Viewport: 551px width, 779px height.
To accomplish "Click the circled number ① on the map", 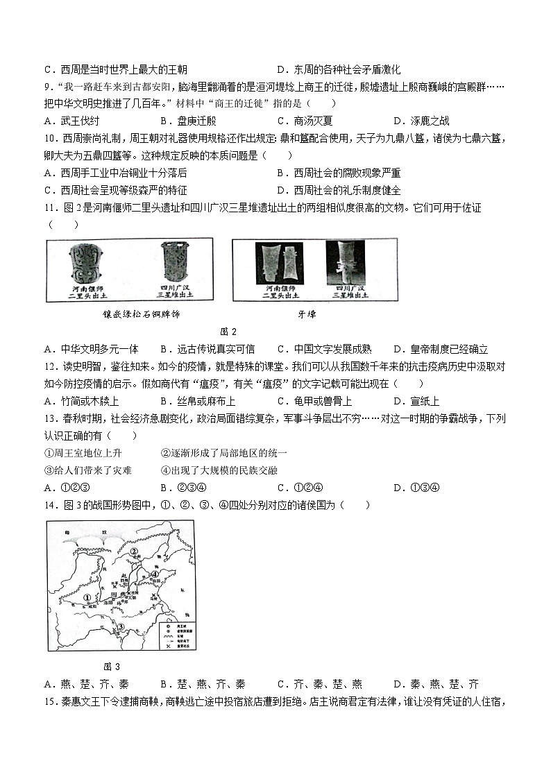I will coord(87,596).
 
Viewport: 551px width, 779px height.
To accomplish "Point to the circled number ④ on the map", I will coord(156,574).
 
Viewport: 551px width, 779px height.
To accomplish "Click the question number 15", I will coord(51,701).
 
